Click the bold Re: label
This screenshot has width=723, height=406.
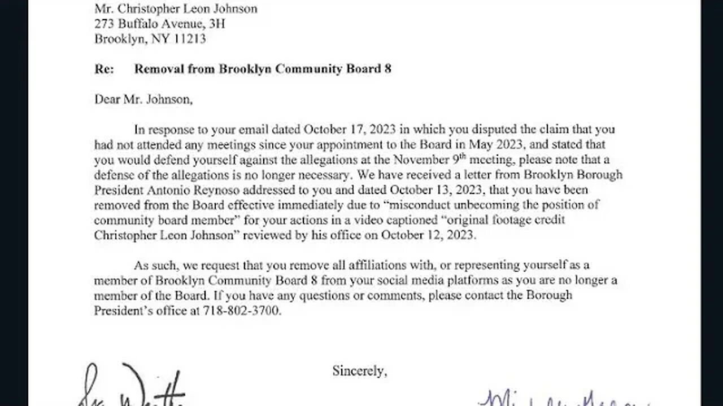pos(104,69)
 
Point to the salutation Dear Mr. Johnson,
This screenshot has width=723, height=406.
pos(143,99)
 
